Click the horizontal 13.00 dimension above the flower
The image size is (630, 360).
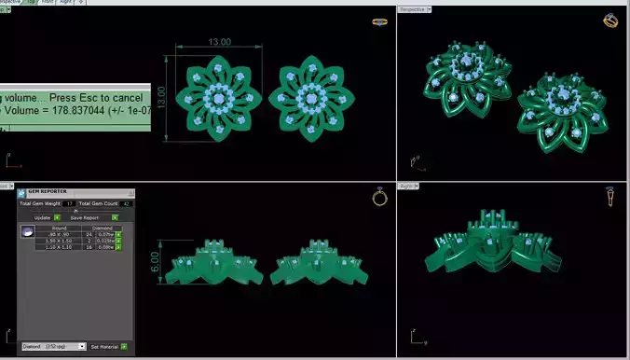click(220, 43)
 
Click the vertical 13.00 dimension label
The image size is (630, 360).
click(161, 98)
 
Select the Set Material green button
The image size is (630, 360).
click(123, 346)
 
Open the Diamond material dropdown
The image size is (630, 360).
click(54, 346)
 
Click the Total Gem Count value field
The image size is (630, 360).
click(126, 203)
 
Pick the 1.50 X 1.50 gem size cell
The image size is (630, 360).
click(59, 240)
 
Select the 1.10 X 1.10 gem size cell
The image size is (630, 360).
click(59, 246)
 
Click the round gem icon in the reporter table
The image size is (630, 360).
click(29, 231)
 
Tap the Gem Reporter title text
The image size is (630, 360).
click(46, 190)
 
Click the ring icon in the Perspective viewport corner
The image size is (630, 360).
click(610, 21)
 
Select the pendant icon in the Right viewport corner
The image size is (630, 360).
click(609, 196)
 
